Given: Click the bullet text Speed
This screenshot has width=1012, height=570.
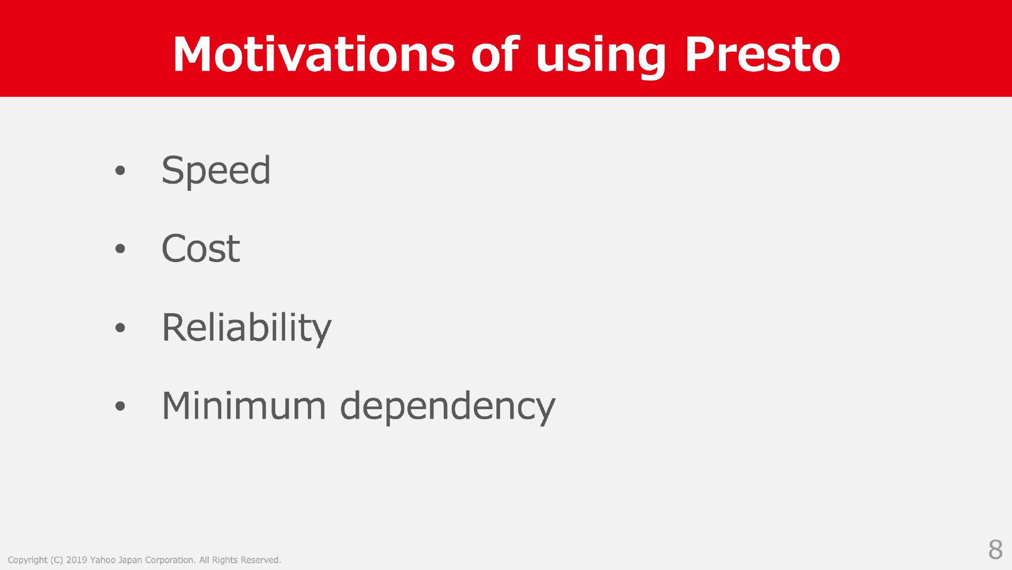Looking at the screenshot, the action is (x=216, y=171).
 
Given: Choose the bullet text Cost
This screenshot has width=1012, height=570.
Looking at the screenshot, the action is (x=201, y=248).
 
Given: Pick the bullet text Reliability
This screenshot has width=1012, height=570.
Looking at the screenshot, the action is (x=247, y=328).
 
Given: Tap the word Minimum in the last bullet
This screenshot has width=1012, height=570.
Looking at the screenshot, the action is (x=244, y=406).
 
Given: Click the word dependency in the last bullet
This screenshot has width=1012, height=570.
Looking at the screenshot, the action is (x=448, y=407).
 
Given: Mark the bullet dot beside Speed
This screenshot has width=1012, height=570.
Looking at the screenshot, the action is (x=120, y=170).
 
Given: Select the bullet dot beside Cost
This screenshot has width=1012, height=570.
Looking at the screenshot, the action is (x=120, y=249).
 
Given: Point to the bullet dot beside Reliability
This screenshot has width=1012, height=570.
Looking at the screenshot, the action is (x=120, y=328).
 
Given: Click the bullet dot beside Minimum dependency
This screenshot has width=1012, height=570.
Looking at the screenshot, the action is (x=120, y=407).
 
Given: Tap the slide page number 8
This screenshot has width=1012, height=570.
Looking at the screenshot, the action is (x=995, y=549).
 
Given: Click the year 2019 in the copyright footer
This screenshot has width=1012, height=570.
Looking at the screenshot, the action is (x=76, y=560).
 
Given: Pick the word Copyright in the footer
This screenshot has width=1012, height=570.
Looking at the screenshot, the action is (x=27, y=561).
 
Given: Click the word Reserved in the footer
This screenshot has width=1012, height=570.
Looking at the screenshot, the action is (x=261, y=560).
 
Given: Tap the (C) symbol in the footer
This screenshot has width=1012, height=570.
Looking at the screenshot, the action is (x=57, y=561).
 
